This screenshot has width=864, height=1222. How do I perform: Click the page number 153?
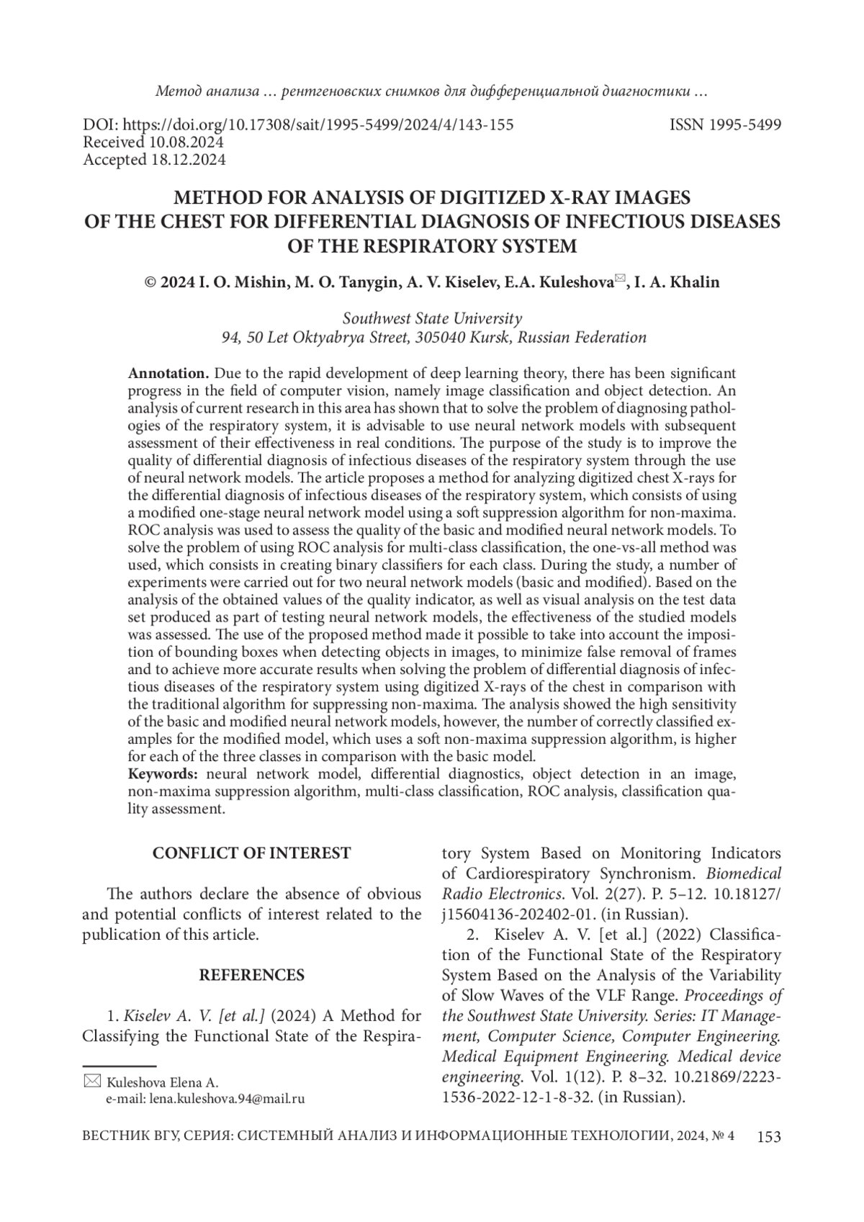tap(768, 1137)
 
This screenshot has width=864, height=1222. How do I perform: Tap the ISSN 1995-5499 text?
tap(725, 125)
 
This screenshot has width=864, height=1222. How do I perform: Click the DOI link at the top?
tap(298, 125)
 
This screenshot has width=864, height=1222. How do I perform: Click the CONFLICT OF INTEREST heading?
tap(251, 853)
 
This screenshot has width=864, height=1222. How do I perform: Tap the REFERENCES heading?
tap(251, 975)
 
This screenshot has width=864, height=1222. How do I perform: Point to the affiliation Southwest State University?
tap(432, 318)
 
